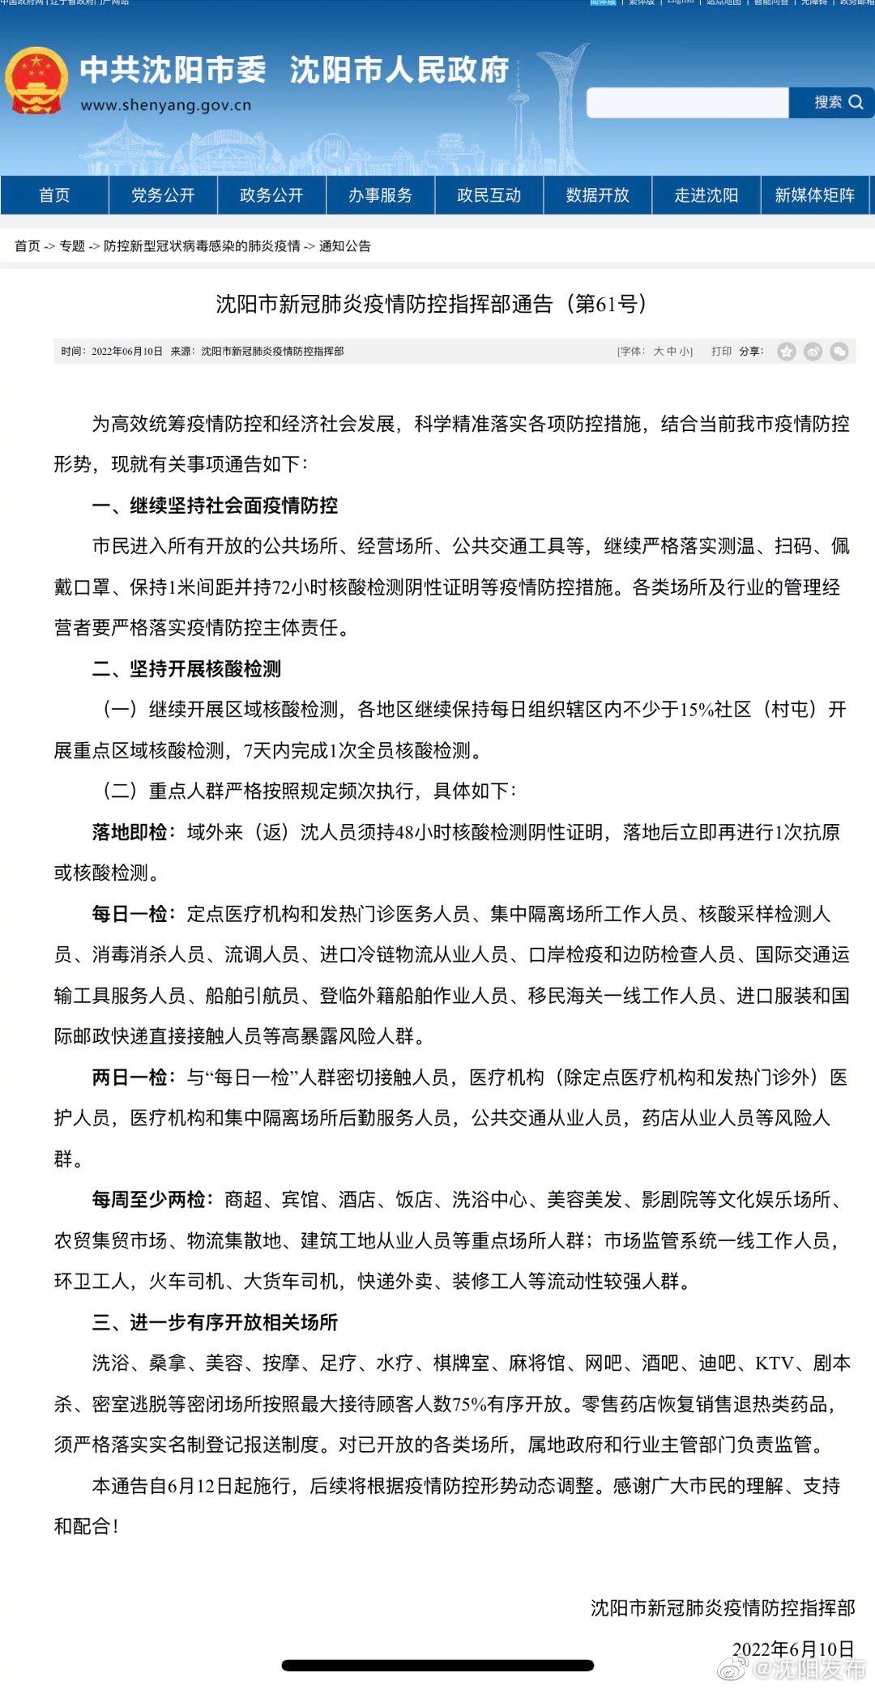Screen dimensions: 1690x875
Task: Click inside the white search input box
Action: coord(687,103)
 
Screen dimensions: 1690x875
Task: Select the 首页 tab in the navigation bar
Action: coord(54,195)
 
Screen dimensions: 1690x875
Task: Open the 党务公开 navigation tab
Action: coord(163,195)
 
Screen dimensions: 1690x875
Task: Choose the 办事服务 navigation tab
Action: coord(380,195)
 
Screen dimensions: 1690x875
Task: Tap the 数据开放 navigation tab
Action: coord(597,195)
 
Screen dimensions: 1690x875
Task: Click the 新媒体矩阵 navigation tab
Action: coord(814,195)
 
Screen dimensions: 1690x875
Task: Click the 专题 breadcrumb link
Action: coord(72,246)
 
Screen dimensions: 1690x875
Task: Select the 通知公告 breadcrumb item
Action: coord(344,246)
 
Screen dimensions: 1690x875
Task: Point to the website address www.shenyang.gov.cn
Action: coord(166,105)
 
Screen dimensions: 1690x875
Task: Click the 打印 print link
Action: coord(721,352)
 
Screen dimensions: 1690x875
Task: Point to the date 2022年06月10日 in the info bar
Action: coord(127,352)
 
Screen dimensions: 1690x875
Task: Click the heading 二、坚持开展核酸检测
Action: coord(186,669)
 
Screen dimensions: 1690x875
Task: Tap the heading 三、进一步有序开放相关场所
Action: coord(215,1322)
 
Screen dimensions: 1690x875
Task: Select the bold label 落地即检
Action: coord(130,832)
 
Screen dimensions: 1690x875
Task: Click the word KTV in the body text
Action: coord(774,1364)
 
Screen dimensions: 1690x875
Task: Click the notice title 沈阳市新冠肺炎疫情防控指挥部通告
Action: coord(384,305)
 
